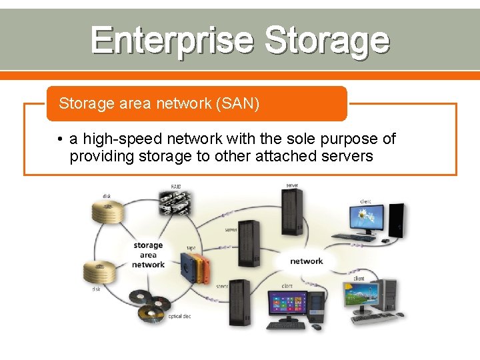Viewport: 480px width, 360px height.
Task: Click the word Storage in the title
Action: click(326, 41)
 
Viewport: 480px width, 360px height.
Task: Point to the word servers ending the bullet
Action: click(347, 156)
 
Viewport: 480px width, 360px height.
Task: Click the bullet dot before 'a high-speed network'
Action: click(60, 139)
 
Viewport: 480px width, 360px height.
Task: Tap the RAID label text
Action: click(176, 187)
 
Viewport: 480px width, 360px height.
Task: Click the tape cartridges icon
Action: click(193, 269)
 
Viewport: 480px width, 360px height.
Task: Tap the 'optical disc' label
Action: click(179, 316)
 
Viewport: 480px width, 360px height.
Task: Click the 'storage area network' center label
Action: click(148, 255)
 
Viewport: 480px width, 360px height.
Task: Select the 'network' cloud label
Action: click(306, 261)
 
